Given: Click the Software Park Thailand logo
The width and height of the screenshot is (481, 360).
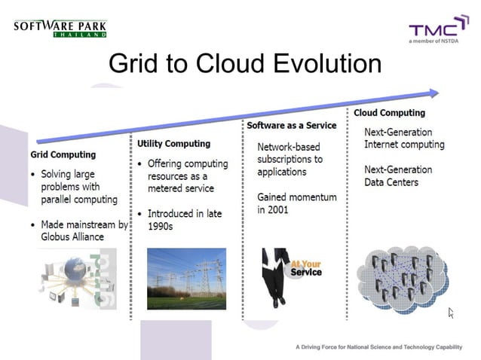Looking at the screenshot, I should point(60,29).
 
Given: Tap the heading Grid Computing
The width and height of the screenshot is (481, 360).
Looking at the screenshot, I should point(63,154).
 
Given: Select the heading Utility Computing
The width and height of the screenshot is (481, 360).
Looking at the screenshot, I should point(173,143).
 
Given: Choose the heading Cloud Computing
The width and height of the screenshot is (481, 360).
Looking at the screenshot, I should point(389,113).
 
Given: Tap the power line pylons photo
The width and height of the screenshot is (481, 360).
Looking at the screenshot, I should point(186,279).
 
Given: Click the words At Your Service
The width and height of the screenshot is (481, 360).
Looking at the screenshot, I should point(306,268).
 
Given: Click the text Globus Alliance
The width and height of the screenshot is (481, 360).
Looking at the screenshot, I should point(72,236).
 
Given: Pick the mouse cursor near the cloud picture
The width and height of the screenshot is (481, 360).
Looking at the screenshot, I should point(451,312).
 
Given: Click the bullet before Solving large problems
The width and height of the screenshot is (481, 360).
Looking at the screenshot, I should point(33,175).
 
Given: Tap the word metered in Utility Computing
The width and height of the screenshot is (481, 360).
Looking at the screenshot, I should point(165,188).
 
